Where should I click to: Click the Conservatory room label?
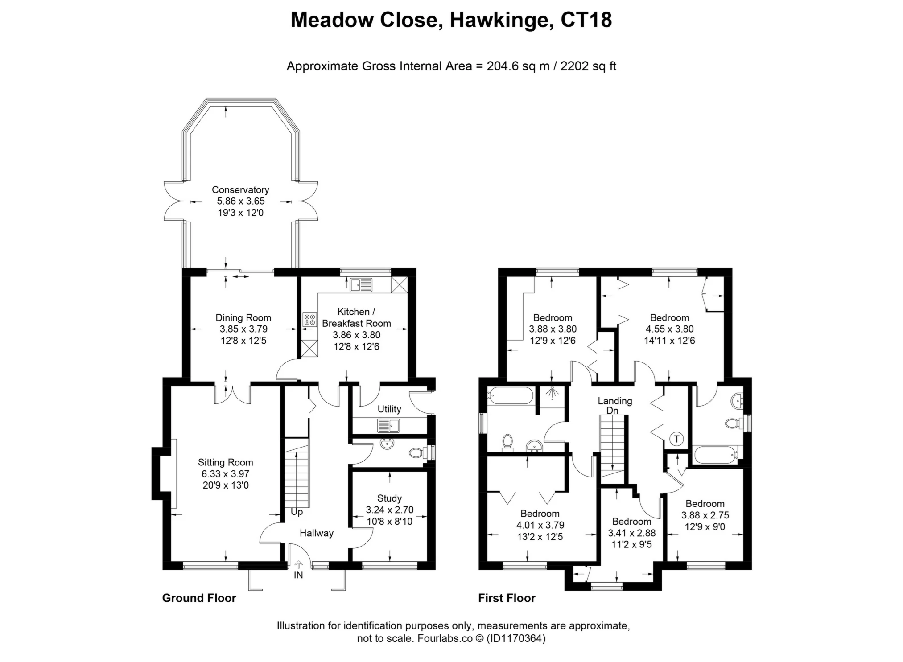pyautogui.click(x=240, y=189)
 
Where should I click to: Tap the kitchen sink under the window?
pyautogui.click(x=361, y=284)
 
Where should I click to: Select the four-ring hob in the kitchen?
pyautogui.click(x=309, y=320)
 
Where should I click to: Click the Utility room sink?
pyautogui.click(x=388, y=425)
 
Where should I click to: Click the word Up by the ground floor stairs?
pyautogui.click(x=297, y=512)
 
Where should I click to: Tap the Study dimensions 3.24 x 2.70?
pyautogui.click(x=389, y=510)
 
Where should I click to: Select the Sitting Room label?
pyautogui.click(x=225, y=462)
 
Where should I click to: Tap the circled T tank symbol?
pyautogui.click(x=676, y=439)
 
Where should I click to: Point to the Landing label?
pyautogui.click(x=614, y=401)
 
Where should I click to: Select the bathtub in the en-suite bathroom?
pyautogui.click(x=714, y=456)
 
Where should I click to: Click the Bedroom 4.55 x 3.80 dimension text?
pyautogui.click(x=669, y=329)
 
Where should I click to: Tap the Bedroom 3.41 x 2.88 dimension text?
pyautogui.click(x=631, y=533)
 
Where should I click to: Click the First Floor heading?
pyautogui.click(x=507, y=598)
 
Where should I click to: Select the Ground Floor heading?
pyautogui.click(x=199, y=598)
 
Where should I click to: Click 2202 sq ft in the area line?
pyautogui.click(x=588, y=66)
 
